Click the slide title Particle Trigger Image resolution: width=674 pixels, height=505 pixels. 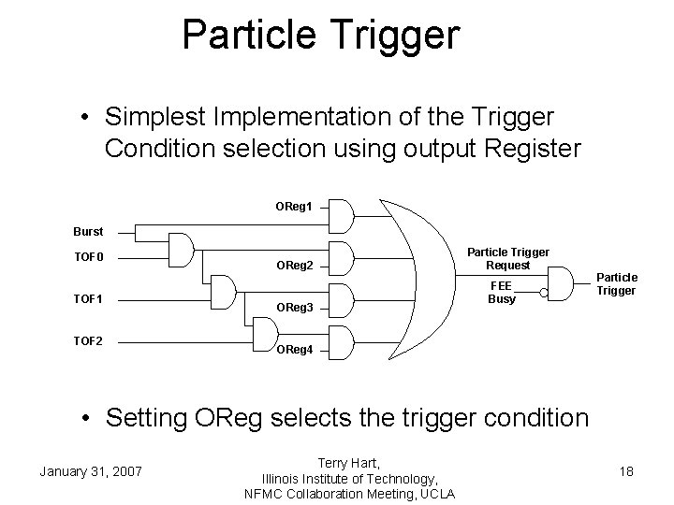click(321, 35)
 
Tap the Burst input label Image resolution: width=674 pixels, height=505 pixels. click(89, 230)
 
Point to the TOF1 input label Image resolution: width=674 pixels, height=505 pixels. click(89, 299)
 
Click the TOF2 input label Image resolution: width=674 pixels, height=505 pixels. click(89, 340)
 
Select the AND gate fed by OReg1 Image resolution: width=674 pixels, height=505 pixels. click(342, 215)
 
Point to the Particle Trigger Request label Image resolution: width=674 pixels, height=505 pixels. click(508, 259)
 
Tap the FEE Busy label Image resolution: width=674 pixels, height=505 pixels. click(502, 293)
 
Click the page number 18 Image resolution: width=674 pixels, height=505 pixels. click(626, 471)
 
